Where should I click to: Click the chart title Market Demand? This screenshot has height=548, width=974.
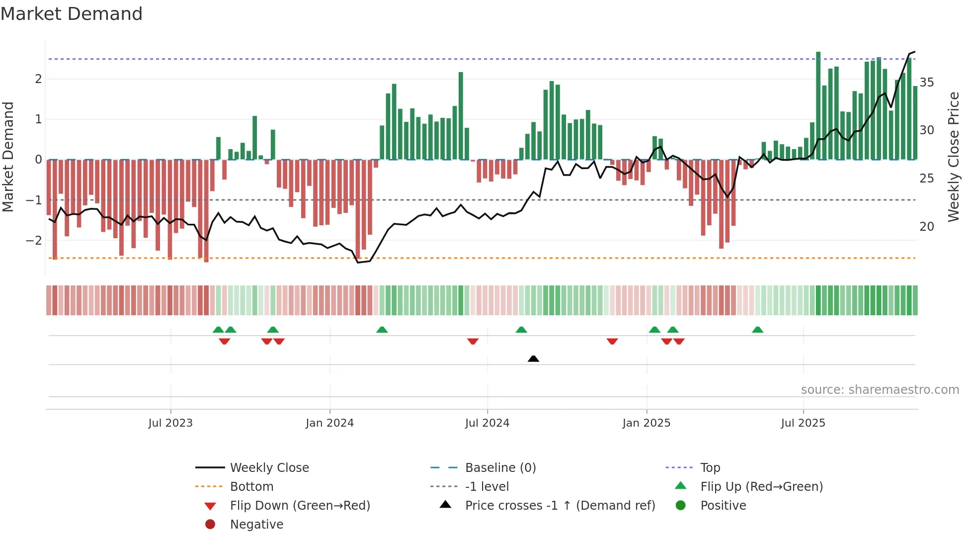point(72,14)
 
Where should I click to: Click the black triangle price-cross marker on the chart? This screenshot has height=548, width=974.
point(533,359)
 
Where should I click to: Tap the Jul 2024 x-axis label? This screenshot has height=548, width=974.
point(487,423)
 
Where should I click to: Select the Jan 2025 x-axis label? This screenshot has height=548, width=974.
point(646,423)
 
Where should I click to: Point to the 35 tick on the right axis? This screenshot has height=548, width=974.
point(926,83)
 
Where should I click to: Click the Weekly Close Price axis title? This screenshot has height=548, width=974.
point(953,157)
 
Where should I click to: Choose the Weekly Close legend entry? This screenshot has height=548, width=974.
point(269,468)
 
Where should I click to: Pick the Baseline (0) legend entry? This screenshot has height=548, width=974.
point(500,468)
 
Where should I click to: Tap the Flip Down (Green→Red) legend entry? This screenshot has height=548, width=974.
point(300,506)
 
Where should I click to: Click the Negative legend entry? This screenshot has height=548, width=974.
point(256,525)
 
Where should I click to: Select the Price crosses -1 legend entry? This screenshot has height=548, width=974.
point(560,506)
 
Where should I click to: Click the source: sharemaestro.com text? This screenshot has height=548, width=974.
point(880,390)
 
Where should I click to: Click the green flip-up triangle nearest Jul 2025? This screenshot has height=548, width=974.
point(757,330)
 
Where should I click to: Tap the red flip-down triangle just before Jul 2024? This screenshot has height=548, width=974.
point(473,341)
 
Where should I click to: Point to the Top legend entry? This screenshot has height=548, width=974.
point(710,468)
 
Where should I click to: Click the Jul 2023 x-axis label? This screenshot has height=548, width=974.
point(170,423)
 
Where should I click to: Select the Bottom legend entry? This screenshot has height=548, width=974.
point(251,487)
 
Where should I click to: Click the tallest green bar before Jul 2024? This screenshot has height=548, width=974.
point(461,116)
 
